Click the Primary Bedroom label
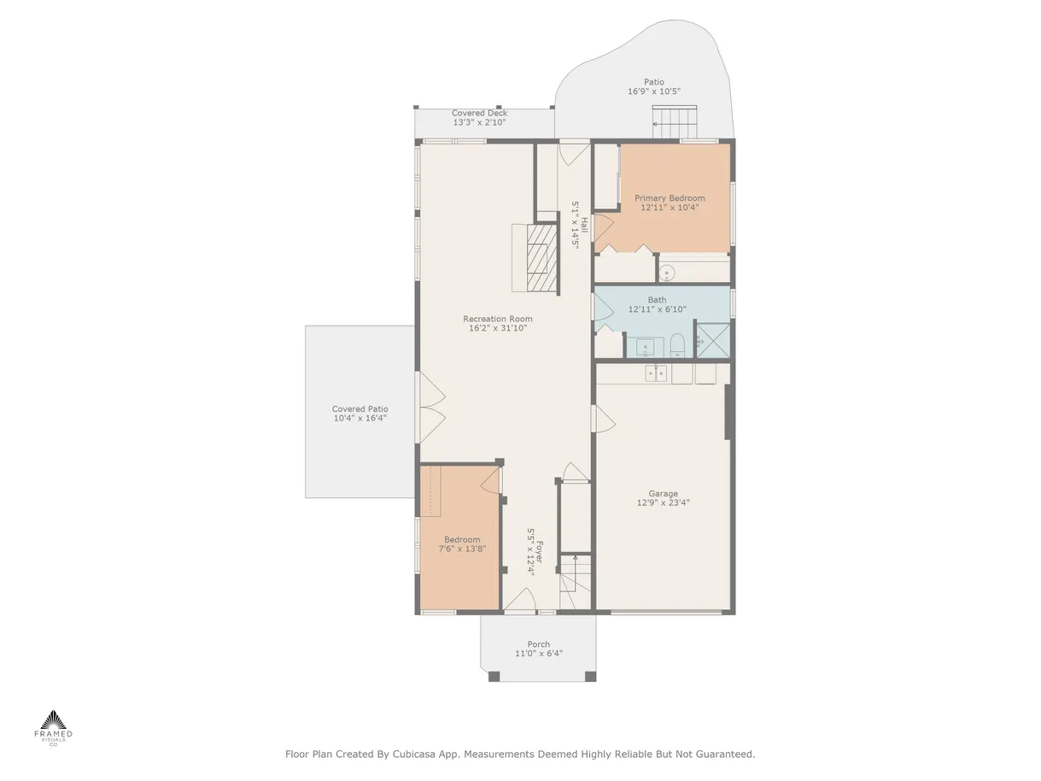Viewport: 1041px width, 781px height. (x=670, y=198)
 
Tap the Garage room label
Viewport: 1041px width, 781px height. (x=663, y=493)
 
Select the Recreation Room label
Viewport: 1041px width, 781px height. (x=498, y=319)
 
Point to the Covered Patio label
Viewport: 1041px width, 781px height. (x=360, y=409)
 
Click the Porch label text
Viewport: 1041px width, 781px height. (x=539, y=644)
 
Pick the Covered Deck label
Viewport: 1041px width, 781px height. (x=479, y=113)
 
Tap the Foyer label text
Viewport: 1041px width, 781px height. (x=539, y=552)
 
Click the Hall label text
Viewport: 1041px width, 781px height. (x=584, y=225)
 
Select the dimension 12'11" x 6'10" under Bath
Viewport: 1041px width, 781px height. (x=658, y=309)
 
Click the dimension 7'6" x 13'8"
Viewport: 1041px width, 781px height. (x=462, y=549)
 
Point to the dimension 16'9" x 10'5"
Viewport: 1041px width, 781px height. (x=654, y=91)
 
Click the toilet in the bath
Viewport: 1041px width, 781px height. (x=677, y=345)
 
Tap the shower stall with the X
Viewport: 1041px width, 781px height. (x=712, y=340)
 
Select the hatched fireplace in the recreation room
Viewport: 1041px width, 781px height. (x=541, y=258)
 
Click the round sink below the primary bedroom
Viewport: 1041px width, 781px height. (x=667, y=273)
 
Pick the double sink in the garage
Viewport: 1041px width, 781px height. (x=656, y=373)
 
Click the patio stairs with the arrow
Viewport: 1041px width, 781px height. (x=675, y=122)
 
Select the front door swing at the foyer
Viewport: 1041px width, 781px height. (x=520, y=600)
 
